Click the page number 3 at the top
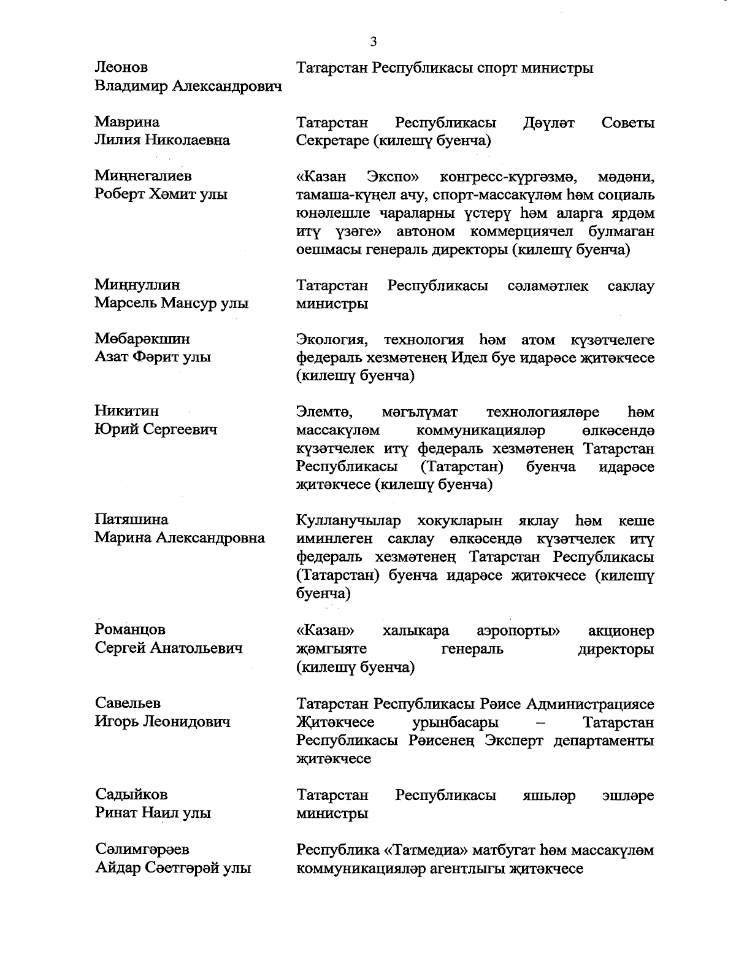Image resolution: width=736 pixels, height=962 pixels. (374, 42)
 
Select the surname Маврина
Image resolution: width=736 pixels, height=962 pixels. (127, 122)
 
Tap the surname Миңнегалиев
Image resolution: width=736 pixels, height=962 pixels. (143, 176)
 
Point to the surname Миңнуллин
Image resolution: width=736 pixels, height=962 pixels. (137, 285)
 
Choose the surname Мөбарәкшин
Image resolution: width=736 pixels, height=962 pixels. (142, 339)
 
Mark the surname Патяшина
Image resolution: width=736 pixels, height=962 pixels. (131, 520)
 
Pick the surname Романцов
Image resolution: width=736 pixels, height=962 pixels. (130, 629)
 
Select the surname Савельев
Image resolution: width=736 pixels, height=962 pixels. (128, 703)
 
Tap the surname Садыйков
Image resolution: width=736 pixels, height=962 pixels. (131, 795)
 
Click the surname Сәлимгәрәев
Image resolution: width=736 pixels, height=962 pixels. (142, 850)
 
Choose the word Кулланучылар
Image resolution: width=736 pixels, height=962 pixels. (348, 521)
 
